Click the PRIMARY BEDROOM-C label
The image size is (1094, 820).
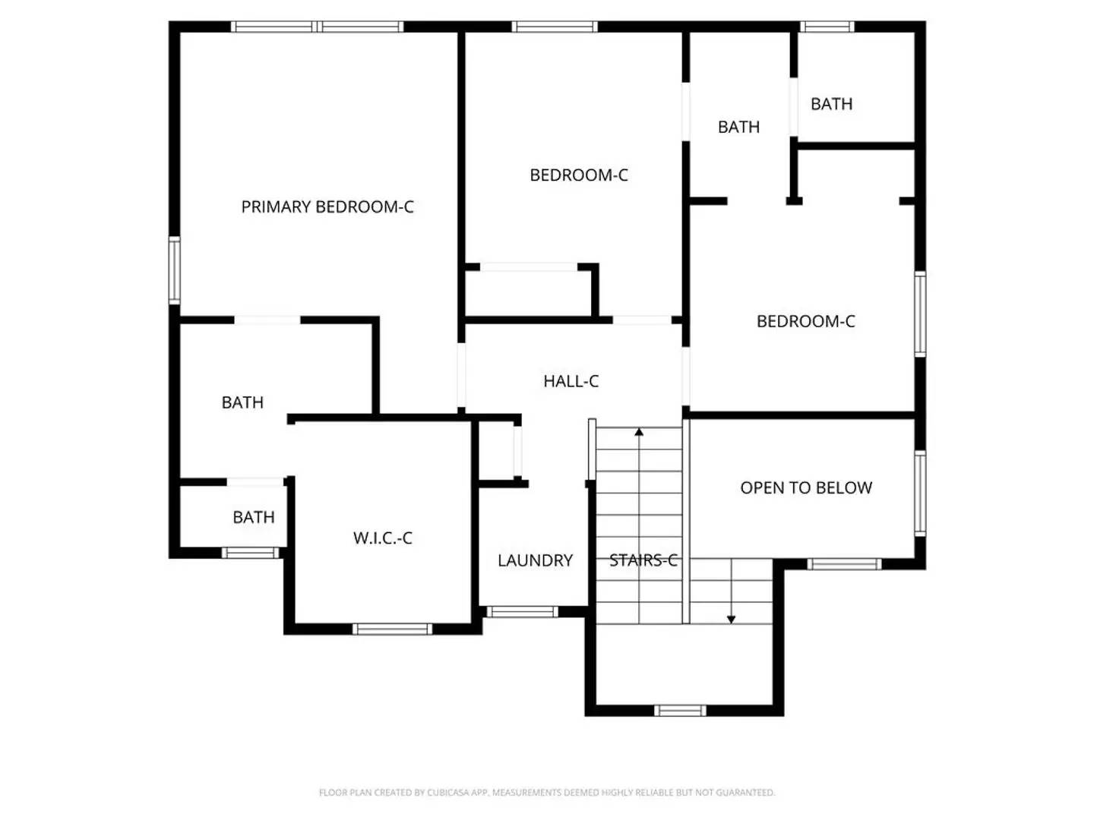[327, 207]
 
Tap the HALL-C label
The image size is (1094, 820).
[571, 381]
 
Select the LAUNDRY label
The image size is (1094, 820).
[535, 560]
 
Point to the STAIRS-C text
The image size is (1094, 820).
[643, 560]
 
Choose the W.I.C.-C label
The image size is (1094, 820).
[382, 538]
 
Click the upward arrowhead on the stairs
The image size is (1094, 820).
[639, 433]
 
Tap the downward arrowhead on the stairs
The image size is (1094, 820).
[731, 620]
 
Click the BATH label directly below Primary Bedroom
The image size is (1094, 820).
[242, 402]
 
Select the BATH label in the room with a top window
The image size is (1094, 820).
[831, 104]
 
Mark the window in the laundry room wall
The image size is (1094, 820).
[522, 612]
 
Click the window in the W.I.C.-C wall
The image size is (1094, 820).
[392, 629]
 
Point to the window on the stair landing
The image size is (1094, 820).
[680, 711]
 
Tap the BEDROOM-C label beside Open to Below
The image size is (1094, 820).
[805, 321]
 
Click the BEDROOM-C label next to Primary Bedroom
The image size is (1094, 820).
[578, 175]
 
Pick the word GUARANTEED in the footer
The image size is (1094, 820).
[745, 793]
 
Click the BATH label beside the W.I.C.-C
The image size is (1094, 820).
[253, 517]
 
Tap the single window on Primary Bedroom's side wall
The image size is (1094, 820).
[175, 270]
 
